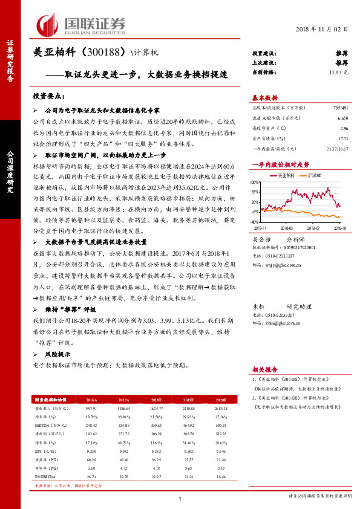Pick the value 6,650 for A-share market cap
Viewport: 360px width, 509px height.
point(342,118)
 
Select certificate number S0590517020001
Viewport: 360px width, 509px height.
point(301,248)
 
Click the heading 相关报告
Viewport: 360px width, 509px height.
point(264,369)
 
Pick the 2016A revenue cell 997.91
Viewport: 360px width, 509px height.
point(93,408)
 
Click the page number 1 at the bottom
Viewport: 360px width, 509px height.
point(180,498)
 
